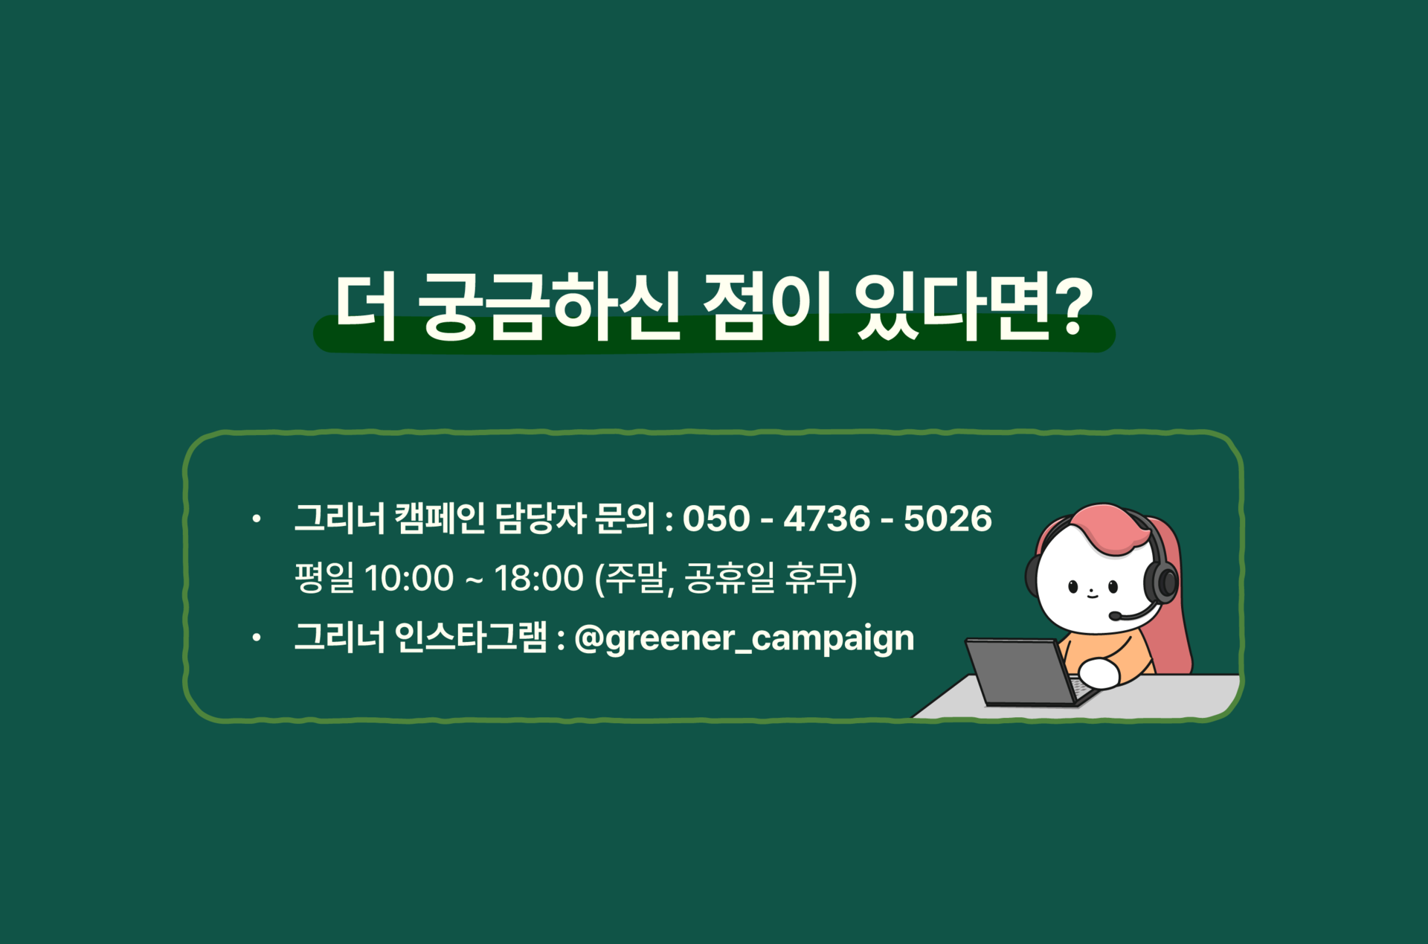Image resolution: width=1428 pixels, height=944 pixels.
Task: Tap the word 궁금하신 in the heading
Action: (549, 306)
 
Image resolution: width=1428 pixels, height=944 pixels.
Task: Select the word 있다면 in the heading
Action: (951, 306)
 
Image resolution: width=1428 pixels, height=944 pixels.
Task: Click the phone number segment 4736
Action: (826, 518)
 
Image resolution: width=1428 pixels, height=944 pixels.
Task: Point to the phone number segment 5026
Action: (948, 518)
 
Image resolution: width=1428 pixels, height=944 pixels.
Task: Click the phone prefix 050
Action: (716, 518)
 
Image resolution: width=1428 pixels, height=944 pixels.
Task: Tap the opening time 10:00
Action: (409, 578)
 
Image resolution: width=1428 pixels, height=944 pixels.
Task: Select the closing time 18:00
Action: (539, 578)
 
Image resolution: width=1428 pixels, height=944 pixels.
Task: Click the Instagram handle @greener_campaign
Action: (744, 639)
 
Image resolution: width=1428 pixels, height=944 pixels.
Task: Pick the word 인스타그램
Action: (471, 638)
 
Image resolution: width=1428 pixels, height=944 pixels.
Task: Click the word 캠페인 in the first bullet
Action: (440, 518)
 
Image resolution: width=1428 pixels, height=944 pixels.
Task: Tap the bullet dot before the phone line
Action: (257, 518)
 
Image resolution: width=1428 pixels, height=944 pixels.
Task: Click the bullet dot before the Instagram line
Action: (257, 638)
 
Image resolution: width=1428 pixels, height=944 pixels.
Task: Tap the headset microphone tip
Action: (1114, 616)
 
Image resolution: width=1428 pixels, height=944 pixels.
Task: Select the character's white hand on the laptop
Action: (1099, 673)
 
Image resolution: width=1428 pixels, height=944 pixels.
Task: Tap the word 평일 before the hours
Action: (325, 578)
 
